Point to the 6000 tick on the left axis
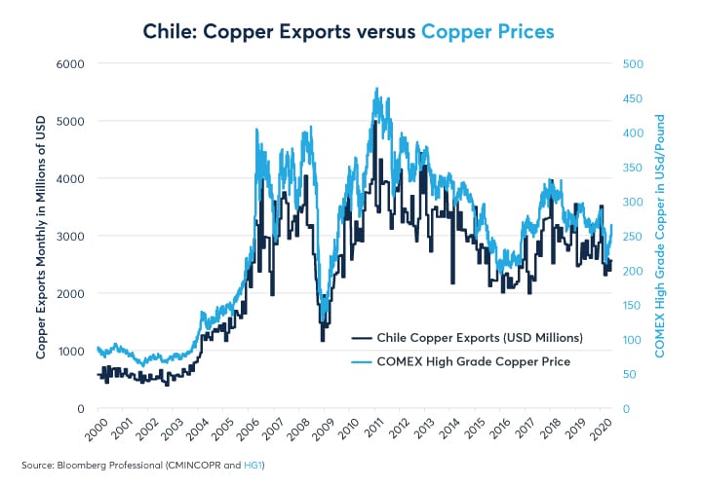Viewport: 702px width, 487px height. [69, 64]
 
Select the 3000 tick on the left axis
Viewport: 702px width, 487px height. [69, 237]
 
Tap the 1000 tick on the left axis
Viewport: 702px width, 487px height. [69, 352]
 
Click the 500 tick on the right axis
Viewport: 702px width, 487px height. [633, 64]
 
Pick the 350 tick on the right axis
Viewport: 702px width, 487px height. [633, 168]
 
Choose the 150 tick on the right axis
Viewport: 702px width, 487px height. [633, 306]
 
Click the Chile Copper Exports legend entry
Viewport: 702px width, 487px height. [468, 338]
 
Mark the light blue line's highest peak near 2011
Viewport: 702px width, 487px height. [376, 89]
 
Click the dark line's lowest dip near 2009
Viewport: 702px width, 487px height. [323, 340]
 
